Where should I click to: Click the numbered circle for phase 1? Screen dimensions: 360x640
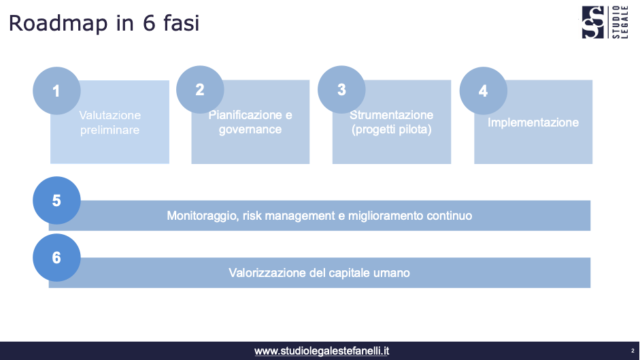tap(56, 91)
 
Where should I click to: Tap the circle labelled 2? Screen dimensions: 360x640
tap(199, 90)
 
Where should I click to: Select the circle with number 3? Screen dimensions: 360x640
tap(341, 90)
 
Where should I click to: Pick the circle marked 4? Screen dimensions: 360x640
tap(483, 91)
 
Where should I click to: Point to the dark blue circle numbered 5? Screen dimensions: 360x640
tap(56, 201)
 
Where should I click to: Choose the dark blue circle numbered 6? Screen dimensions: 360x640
tap(56, 258)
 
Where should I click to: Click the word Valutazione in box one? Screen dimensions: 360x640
tap(110, 116)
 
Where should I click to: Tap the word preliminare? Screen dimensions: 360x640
tap(110, 129)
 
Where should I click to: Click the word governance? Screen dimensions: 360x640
tap(250, 129)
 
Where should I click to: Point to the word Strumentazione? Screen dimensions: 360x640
tap(392, 115)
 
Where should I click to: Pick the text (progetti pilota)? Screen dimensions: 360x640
tap(392, 129)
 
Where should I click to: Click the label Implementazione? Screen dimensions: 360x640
tap(533, 122)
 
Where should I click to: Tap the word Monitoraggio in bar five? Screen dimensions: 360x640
tap(201, 216)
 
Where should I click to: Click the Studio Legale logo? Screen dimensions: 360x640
tap(605, 22)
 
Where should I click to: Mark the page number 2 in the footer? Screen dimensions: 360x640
tap(633, 351)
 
